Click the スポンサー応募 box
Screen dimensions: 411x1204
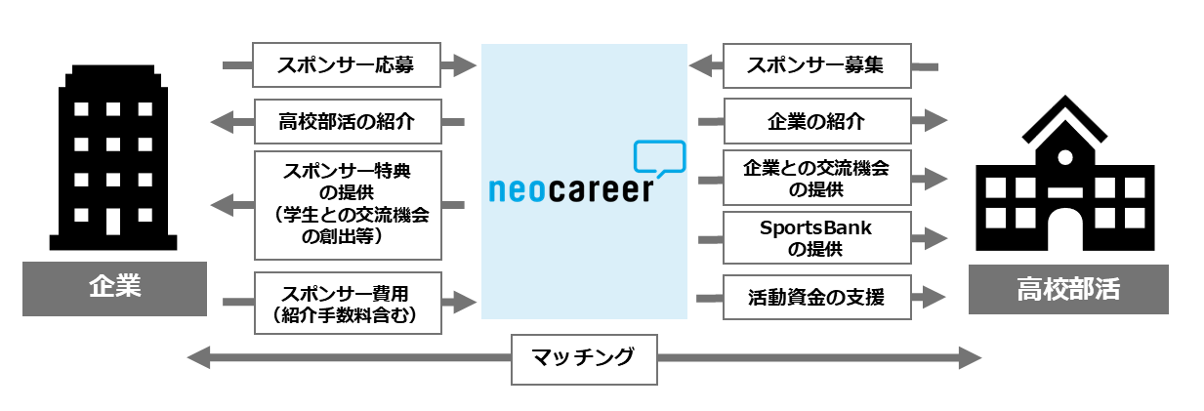coord(346,65)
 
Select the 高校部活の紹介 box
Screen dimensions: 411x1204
coord(347,122)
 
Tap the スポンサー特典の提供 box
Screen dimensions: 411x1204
coord(347,204)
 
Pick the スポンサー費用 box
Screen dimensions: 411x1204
coord(347,302)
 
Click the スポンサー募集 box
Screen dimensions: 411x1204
coord(816,65)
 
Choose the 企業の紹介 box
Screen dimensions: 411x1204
coord(816,122)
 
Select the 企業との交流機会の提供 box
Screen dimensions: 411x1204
coord(816,177)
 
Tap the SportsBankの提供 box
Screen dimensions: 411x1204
coord(816,237)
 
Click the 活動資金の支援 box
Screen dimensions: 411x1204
coord(816,297)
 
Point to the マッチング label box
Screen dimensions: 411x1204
coord(584,358)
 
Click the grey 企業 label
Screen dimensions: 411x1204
coord(114,288)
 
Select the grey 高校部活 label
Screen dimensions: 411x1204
coord(1068,288)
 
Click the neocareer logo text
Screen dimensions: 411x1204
coord(570,188)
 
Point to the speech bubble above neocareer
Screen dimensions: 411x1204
coord(659,158)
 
